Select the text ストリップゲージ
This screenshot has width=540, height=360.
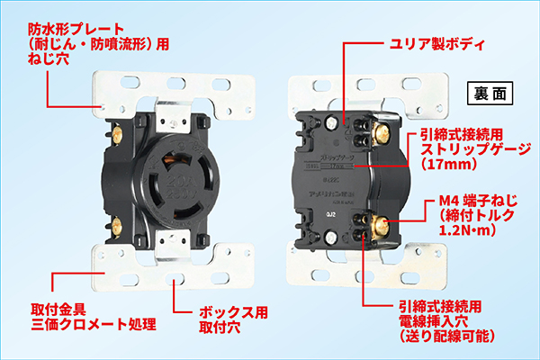pyautogui.click(x=476, y=149)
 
